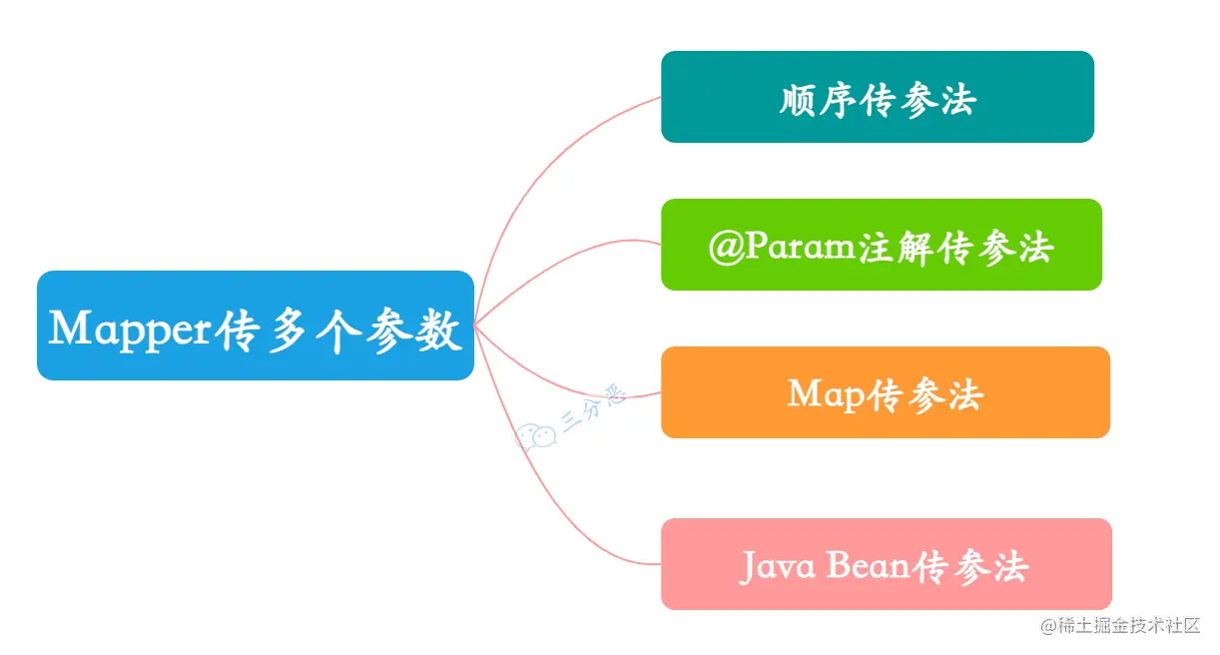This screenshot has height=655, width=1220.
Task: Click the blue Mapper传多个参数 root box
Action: (255, 326)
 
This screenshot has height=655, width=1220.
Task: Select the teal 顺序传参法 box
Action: (877, 97)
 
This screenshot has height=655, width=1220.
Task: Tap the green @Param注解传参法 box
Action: (881, 245)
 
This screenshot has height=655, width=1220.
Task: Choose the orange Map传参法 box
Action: (885, 392)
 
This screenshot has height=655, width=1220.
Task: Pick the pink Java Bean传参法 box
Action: (886, 564)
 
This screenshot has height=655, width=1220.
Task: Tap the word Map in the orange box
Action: (825, 395)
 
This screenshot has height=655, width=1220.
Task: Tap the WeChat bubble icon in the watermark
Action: (536, 436)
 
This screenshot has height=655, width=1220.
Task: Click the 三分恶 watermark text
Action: (593, 409)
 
